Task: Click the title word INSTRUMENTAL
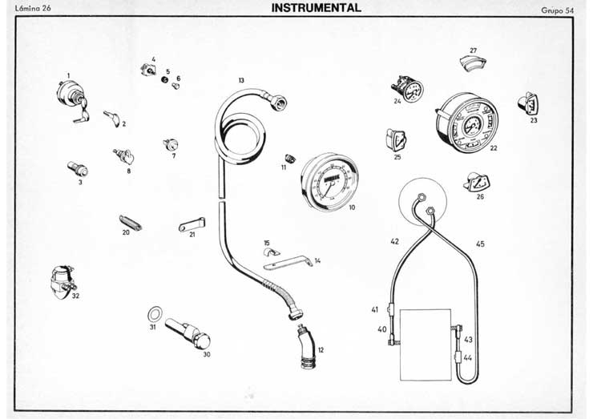tap(317, 8)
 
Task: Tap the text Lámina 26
tap(33, 10)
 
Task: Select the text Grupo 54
tap(558, 10)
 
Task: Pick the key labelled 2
tap(111, 118)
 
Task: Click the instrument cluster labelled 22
tap(466, 124)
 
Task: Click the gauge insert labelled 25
tap(395, 139)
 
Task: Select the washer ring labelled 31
tap(154, 312)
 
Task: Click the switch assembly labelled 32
tap(63, 280)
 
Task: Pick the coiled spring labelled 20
tap(131, 221)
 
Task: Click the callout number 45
tap(480, 244)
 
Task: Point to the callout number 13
tap(241, 81)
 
